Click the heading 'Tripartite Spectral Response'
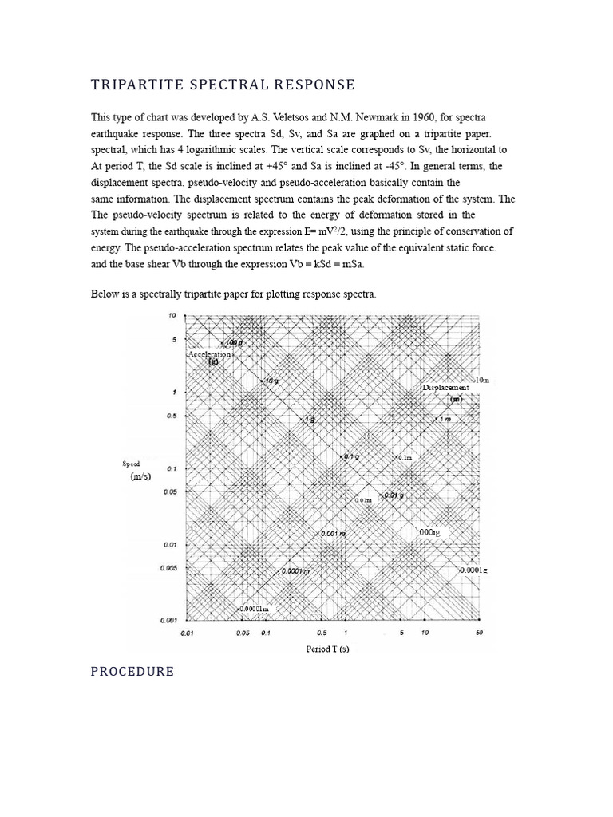pos(223,85)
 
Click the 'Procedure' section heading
pos(132,671)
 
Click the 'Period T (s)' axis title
pos(327,649)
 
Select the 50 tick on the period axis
pos(479,633)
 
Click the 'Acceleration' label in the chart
pos(209,353)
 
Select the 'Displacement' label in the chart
pos(445,387)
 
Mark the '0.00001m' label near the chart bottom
pos(253,609)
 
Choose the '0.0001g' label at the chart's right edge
pos(473,571)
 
